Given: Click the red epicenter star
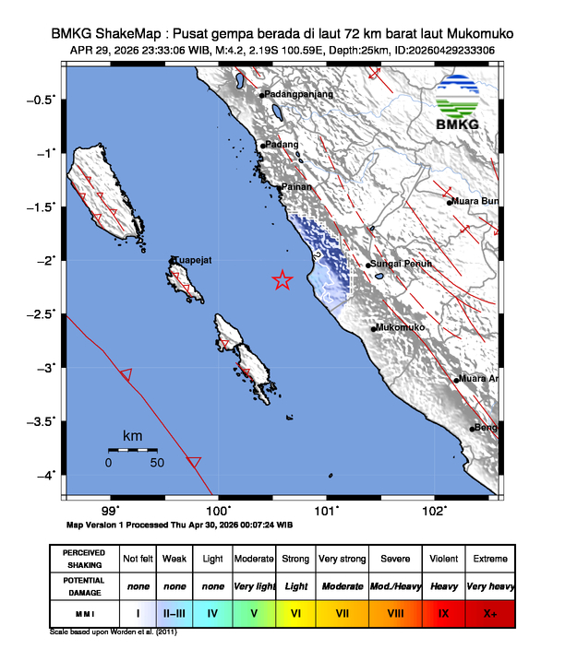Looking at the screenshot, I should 282,280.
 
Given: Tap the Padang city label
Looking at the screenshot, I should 282,145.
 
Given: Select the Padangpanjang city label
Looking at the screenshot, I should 299,94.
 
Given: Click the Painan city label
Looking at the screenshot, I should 296,187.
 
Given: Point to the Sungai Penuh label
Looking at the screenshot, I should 399,265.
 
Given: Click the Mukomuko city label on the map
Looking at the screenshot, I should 401,328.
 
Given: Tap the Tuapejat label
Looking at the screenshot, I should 193,261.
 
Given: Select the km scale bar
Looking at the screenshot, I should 132,449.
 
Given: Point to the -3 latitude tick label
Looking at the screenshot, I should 46,368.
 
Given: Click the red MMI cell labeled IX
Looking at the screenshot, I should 444,611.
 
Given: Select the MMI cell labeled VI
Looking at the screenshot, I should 295,611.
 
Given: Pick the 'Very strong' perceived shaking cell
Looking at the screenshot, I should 342,559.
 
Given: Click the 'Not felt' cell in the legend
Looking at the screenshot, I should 138,559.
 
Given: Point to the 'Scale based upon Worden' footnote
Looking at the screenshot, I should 115,633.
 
